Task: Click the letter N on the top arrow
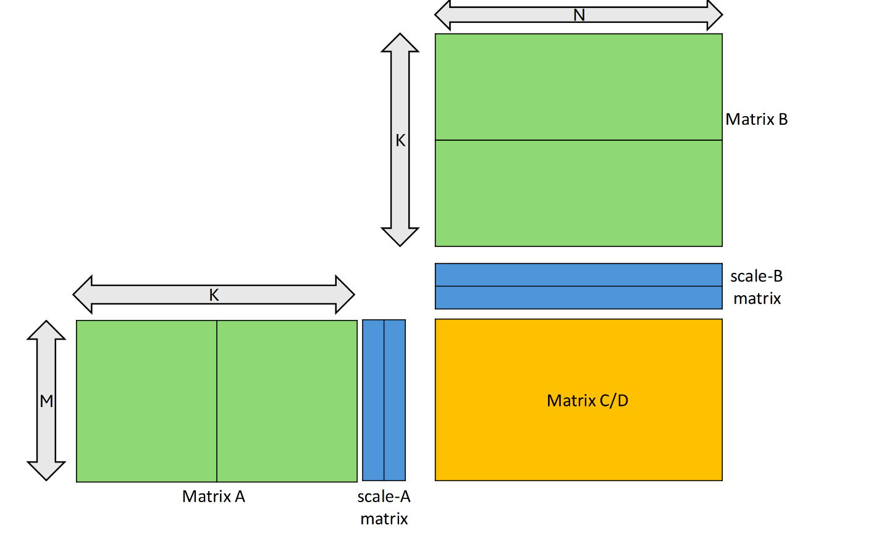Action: pos(579,15)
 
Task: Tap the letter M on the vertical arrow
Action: pos(46,401)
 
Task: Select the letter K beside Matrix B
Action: pos(400,140)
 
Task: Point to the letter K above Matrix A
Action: pos(214,295)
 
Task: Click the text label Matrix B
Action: pos(756,119)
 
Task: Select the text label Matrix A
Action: pos(214,497)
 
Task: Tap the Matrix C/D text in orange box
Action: pos(587,401)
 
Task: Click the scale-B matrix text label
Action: pos(757,287)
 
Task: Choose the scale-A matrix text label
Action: pos(384,507)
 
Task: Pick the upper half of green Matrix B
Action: pos(579,87)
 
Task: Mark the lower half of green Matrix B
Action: pos(579,193)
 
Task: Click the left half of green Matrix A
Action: pos(146,401)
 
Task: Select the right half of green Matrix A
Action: pos(287,401)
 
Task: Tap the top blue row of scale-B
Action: pos(579,275)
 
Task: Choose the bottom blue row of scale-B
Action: pos(579,298)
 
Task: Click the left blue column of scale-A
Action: pos(373,400)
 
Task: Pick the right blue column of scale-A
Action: pos(395,400)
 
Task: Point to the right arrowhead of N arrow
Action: pos(715,15)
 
